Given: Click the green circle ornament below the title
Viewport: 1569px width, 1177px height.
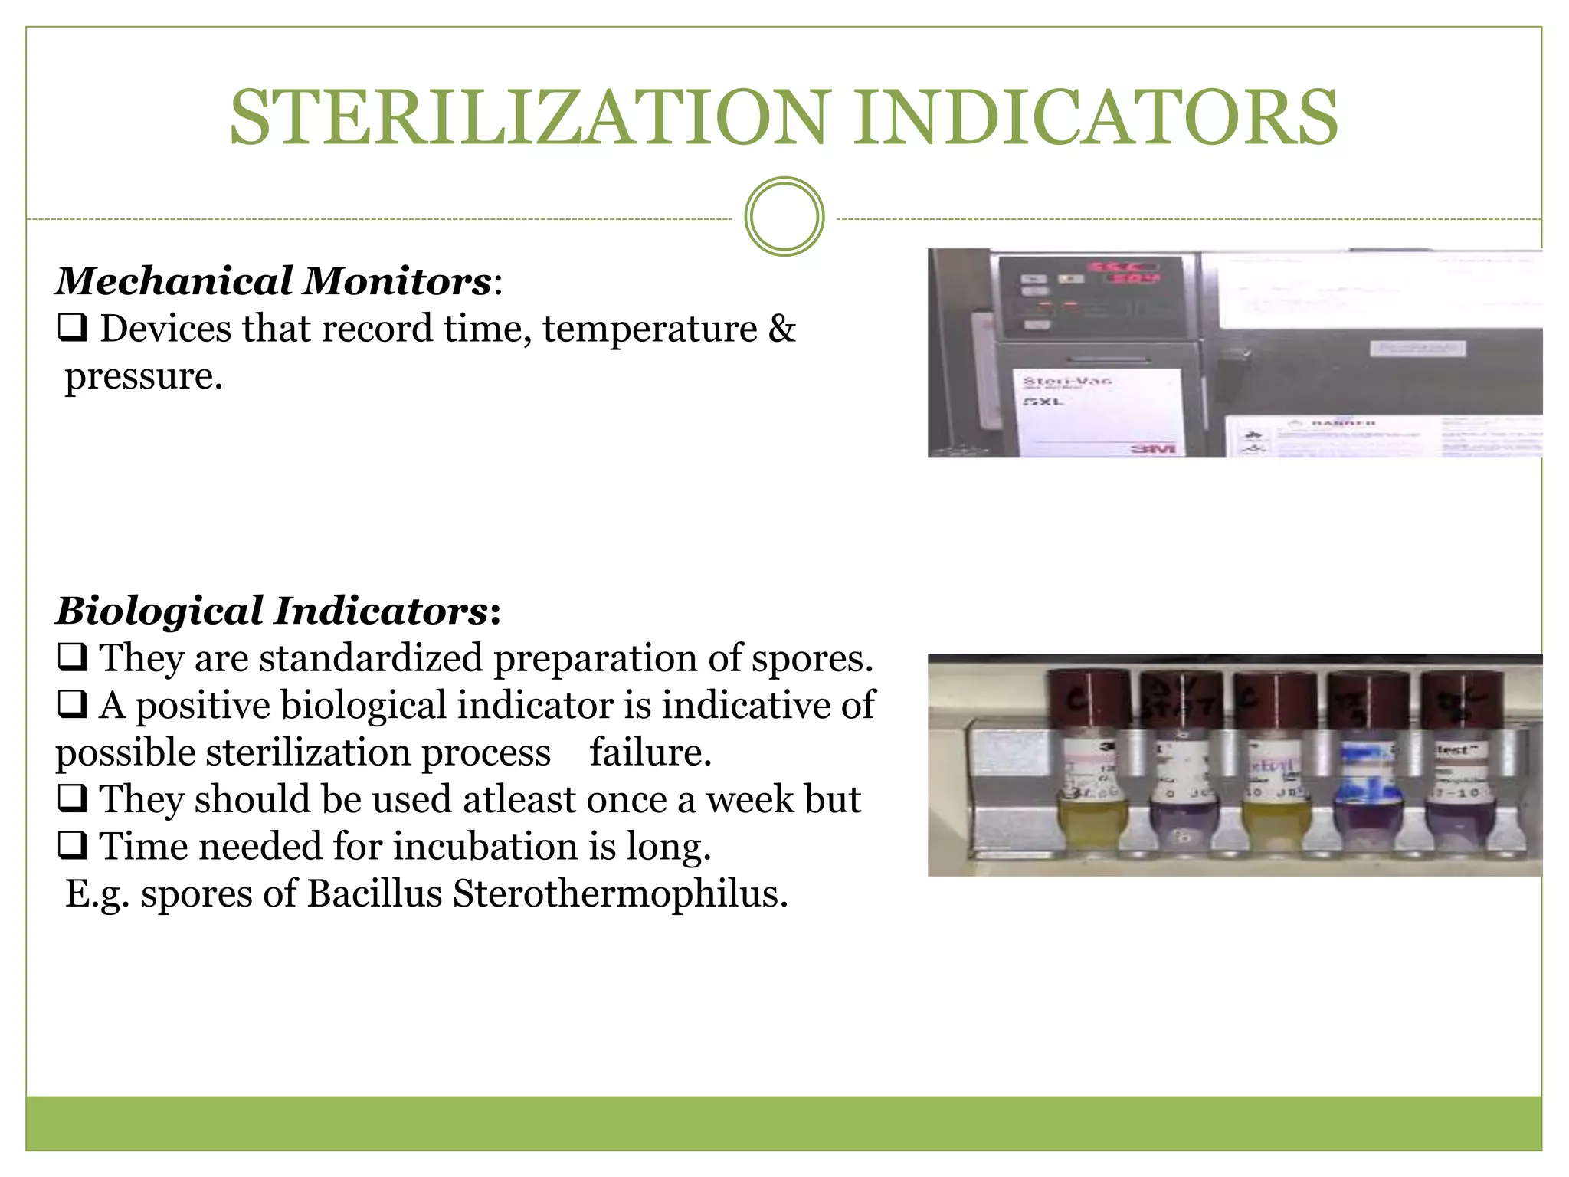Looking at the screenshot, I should [x=784, y=217].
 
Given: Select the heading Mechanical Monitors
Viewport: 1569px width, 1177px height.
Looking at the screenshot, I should [x=274, y=281].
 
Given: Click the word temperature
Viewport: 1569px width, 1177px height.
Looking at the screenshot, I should [x=650, y=329].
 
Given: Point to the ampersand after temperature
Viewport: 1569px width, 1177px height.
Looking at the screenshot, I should [x=782, y=329].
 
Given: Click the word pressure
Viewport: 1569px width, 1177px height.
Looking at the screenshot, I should [x=143, y=376].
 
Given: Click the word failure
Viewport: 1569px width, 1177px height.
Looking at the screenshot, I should [x=650, y=752].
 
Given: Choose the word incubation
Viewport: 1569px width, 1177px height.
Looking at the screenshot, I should [x=486, y=847].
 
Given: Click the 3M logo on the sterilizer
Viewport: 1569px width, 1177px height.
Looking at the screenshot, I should [x=1154, y=448].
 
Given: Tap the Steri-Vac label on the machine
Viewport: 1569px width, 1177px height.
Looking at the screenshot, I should [x=1067, y=381].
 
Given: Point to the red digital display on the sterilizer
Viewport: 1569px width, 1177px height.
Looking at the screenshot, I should [x=1125, y=271].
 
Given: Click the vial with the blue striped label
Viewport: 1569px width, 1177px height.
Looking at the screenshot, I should [x=1368, y=774].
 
